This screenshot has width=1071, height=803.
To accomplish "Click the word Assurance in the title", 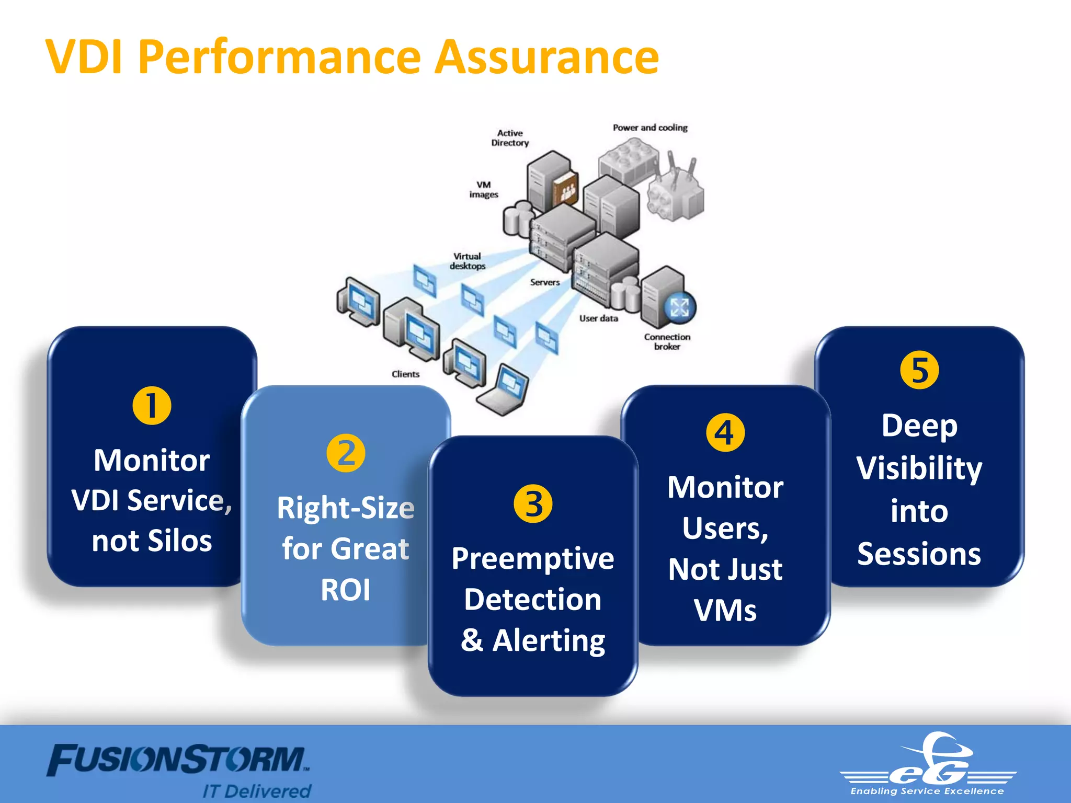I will pos(546,58).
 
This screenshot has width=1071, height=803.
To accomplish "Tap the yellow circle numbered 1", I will pos(152,406).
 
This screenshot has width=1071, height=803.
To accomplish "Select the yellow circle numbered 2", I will pos(346,453).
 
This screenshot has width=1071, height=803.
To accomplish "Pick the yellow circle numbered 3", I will pos(533,504).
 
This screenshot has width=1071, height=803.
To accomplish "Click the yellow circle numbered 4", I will pos(725,433).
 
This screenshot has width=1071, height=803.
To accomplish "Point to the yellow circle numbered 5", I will pos(919,371).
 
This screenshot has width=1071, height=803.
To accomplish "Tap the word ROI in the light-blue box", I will pos(346,590).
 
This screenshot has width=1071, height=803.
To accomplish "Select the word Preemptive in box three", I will pos(532,558).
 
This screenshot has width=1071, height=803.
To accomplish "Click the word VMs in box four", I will pos(725,610).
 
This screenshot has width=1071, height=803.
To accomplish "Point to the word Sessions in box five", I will pos(919,554).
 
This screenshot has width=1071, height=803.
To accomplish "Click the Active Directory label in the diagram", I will pos(510,138).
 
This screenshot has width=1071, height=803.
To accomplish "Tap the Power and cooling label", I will pos(650,128).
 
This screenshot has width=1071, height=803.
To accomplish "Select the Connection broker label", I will pos(667,341).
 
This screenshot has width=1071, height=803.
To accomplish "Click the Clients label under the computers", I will pos(405,374).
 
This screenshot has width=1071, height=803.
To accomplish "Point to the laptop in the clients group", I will pos(503,390).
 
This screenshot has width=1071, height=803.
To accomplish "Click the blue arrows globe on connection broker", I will pos(679,307).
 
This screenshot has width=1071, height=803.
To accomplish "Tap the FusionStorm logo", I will pos(178,761).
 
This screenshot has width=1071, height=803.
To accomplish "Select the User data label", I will pos(598,318).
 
